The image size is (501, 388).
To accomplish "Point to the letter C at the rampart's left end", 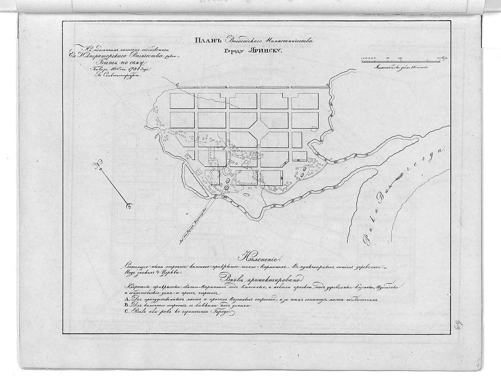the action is coord(178,85).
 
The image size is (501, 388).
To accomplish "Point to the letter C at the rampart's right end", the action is coord(327,85).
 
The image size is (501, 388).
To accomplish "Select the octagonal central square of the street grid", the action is coord(259,130).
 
